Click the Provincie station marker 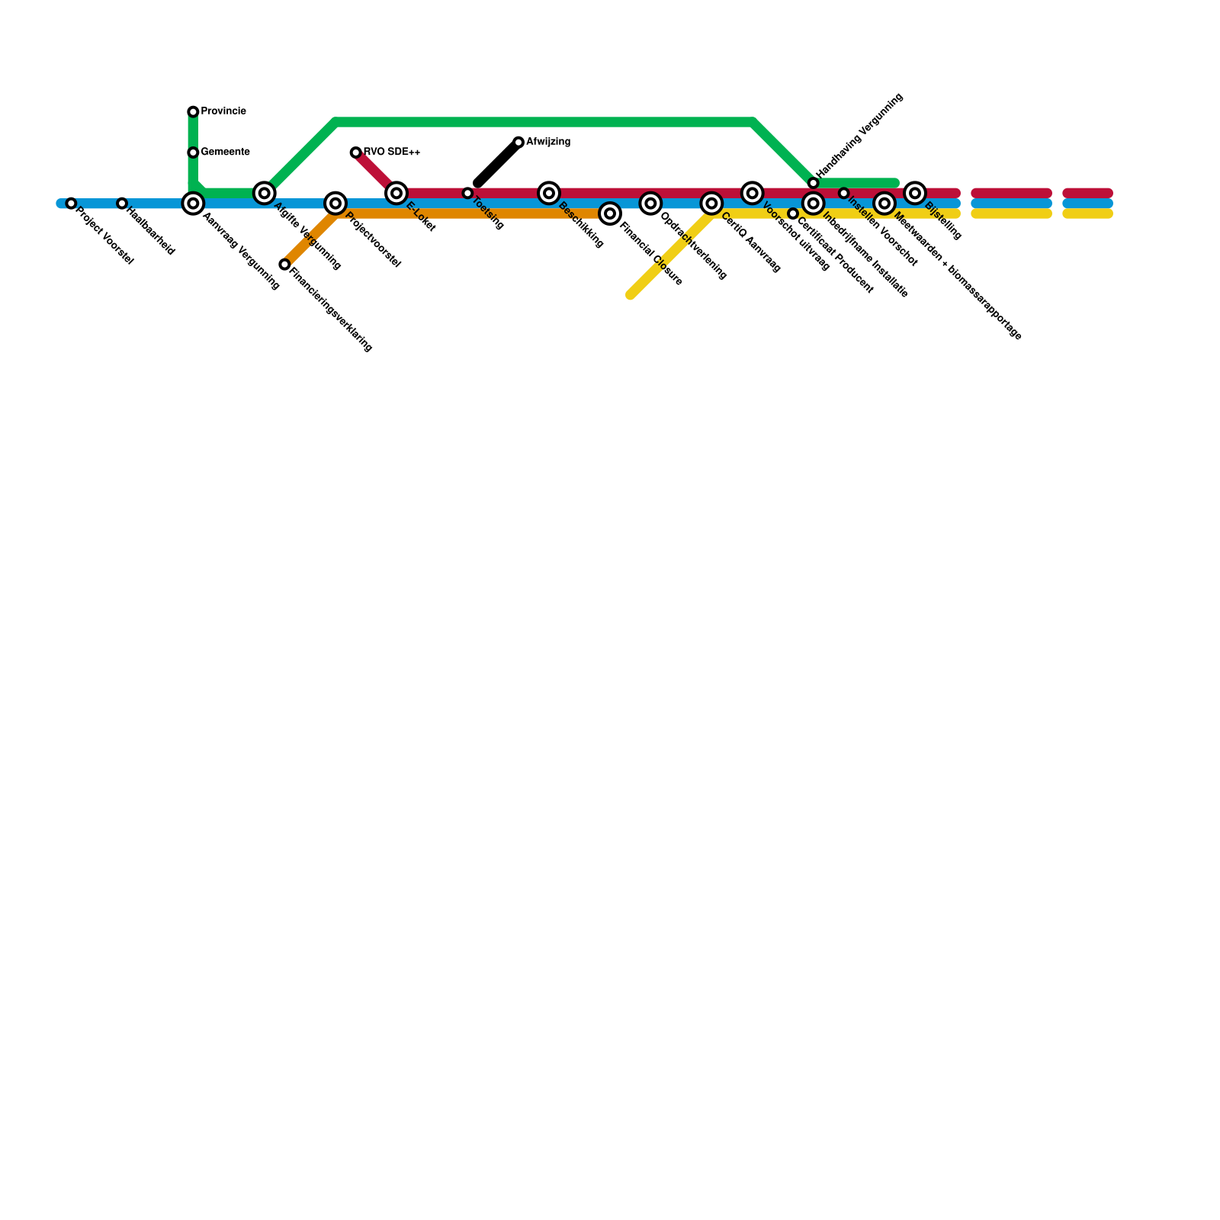click(x=193, y=112)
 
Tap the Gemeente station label click(x=225, y=152)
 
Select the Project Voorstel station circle click(x=71, y=204)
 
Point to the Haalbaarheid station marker click(x=122, y=204)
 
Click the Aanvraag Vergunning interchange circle click(x=193, y=204)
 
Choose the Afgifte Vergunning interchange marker click(x=265, y=193)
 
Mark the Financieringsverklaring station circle click(x=284, y=265)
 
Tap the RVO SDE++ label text click(x=392, y=152)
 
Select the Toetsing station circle click(x=467, y=193)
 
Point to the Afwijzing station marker click(x=518, y=143)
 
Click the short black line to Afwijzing click(x=497, y=163)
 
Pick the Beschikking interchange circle click(x=549, y=193)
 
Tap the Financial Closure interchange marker click(x=610, y=213)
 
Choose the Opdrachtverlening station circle click(x=650, y=204)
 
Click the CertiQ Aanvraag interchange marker click(x=711, y=204)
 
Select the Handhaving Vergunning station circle click(x=814, y=183)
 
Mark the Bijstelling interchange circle click(x=915, y=193)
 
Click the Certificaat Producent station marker click(x=793, y=213)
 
